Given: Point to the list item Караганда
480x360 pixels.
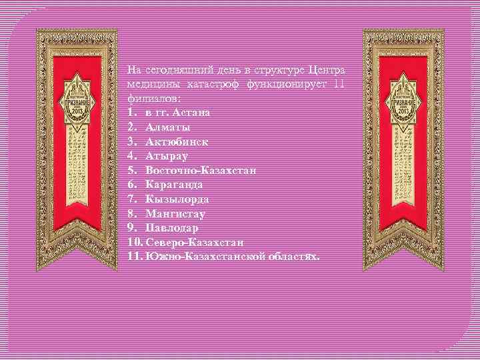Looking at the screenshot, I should point(174,185).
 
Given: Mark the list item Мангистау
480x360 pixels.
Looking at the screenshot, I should point(175,214).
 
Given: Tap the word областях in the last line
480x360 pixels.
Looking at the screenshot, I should point(293,257).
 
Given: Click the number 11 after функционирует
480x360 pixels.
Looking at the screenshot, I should point(338,83).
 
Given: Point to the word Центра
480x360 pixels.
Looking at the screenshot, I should point(325,69).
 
